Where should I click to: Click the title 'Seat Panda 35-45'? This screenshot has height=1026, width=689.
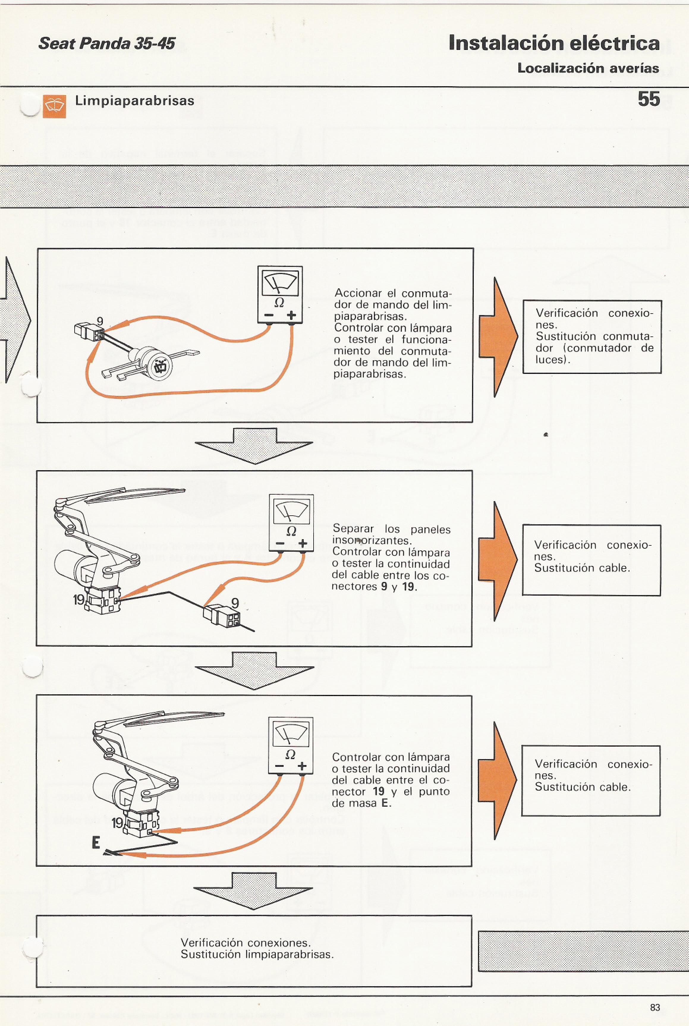[x=107, y=43]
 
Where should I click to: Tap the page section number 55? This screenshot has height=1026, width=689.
[x=649, y=99]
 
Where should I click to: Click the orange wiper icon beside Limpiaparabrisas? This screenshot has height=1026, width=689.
[x=54, y=106]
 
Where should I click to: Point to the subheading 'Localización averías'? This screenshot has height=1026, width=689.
[x=588, y=68]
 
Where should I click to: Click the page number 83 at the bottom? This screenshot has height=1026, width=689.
[x=655, y=1007]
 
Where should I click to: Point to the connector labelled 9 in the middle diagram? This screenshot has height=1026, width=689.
[x=222, y=615]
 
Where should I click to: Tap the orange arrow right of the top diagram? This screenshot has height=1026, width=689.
[x=498, y=337]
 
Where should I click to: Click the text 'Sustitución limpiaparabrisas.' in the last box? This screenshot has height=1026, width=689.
[x=257, y=954]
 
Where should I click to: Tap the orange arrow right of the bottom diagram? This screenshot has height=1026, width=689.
[x=497, y=780]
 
